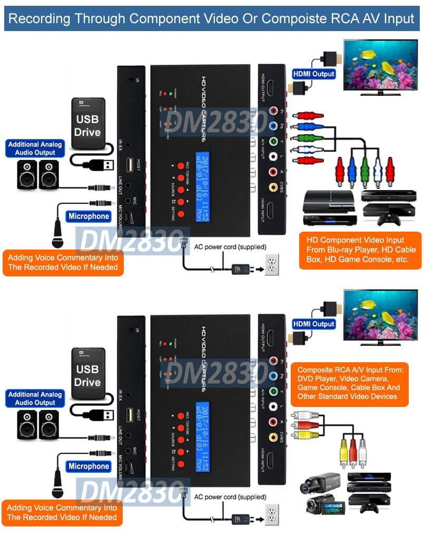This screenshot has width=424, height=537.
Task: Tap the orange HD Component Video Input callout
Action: tap(360, 250)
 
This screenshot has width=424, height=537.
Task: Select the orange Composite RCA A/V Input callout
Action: tap(349, 383)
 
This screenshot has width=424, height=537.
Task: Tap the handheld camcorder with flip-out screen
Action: tap(324, 507)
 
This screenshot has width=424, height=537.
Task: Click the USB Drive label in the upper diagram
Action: tap(87, 125)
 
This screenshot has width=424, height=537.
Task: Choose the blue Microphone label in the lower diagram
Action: tap(88, 466)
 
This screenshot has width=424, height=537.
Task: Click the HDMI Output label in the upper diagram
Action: tap(313, 74)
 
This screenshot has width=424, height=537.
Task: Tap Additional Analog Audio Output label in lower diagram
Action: tap(35, 399)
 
